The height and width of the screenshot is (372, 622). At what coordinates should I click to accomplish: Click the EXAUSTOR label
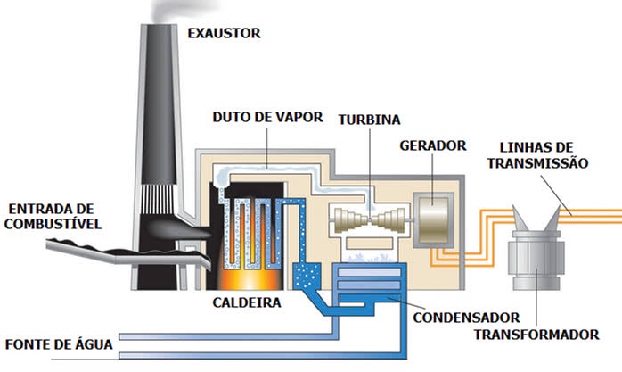point(223,34)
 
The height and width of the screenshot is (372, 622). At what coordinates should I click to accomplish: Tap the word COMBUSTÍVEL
point(51,222)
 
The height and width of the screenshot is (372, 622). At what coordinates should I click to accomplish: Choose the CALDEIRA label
point(247,302)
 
